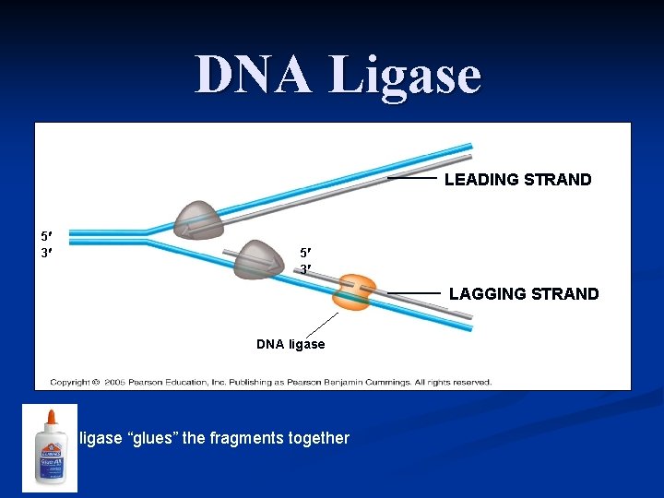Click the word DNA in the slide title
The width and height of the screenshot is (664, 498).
(x=255, y=75)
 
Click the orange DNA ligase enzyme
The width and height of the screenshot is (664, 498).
(x=353, y=290)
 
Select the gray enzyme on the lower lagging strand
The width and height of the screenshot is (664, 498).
(x=258, y=259)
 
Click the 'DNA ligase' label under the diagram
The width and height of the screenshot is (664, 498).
(x=290, y=344)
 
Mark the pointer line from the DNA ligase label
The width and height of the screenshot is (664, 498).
(x=321, y=325)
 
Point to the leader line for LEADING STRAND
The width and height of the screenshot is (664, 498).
(x=411, y=177)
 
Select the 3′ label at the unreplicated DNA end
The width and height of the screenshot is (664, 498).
(x=45, y=250)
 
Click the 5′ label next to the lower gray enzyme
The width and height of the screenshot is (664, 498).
(x=304, y=253)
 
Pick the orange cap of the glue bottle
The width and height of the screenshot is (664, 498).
(x=50, y=419)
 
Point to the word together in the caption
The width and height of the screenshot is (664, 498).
(x=319, y=438)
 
